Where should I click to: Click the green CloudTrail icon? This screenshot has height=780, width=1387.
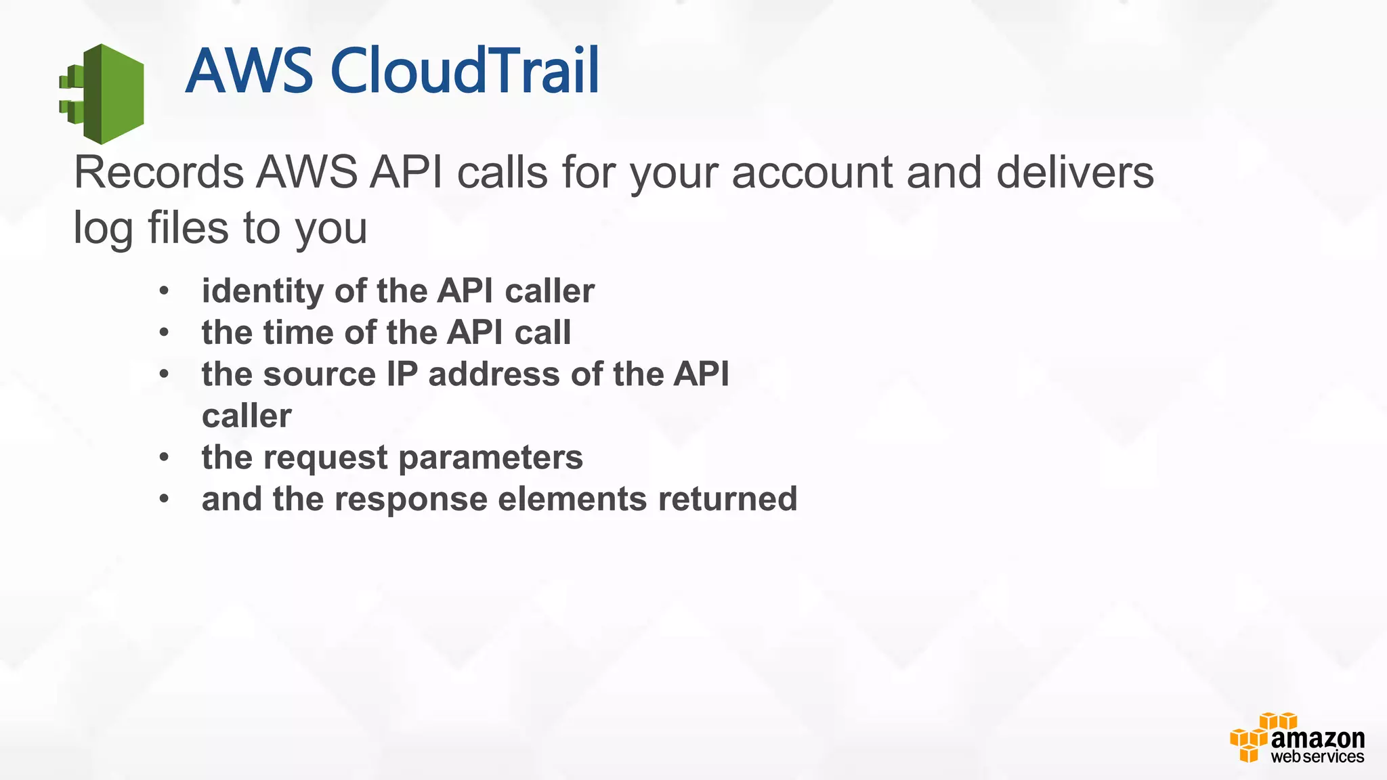point(103,93)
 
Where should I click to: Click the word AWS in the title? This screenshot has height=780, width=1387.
point(249,70)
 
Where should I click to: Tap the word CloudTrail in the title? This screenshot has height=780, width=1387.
point(465,70)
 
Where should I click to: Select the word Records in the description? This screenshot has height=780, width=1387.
point(158,173)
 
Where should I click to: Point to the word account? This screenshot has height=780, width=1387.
point(812,173)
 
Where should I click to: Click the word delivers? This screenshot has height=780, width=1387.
point(1075,173)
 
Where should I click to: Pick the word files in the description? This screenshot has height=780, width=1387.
point(188,227)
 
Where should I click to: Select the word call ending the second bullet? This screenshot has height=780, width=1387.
point(542,333)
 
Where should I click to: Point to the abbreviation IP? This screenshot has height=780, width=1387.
point(402,374)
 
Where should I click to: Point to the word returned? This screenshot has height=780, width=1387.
point(727,500)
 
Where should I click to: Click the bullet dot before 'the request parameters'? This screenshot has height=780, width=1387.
point(164,458)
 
